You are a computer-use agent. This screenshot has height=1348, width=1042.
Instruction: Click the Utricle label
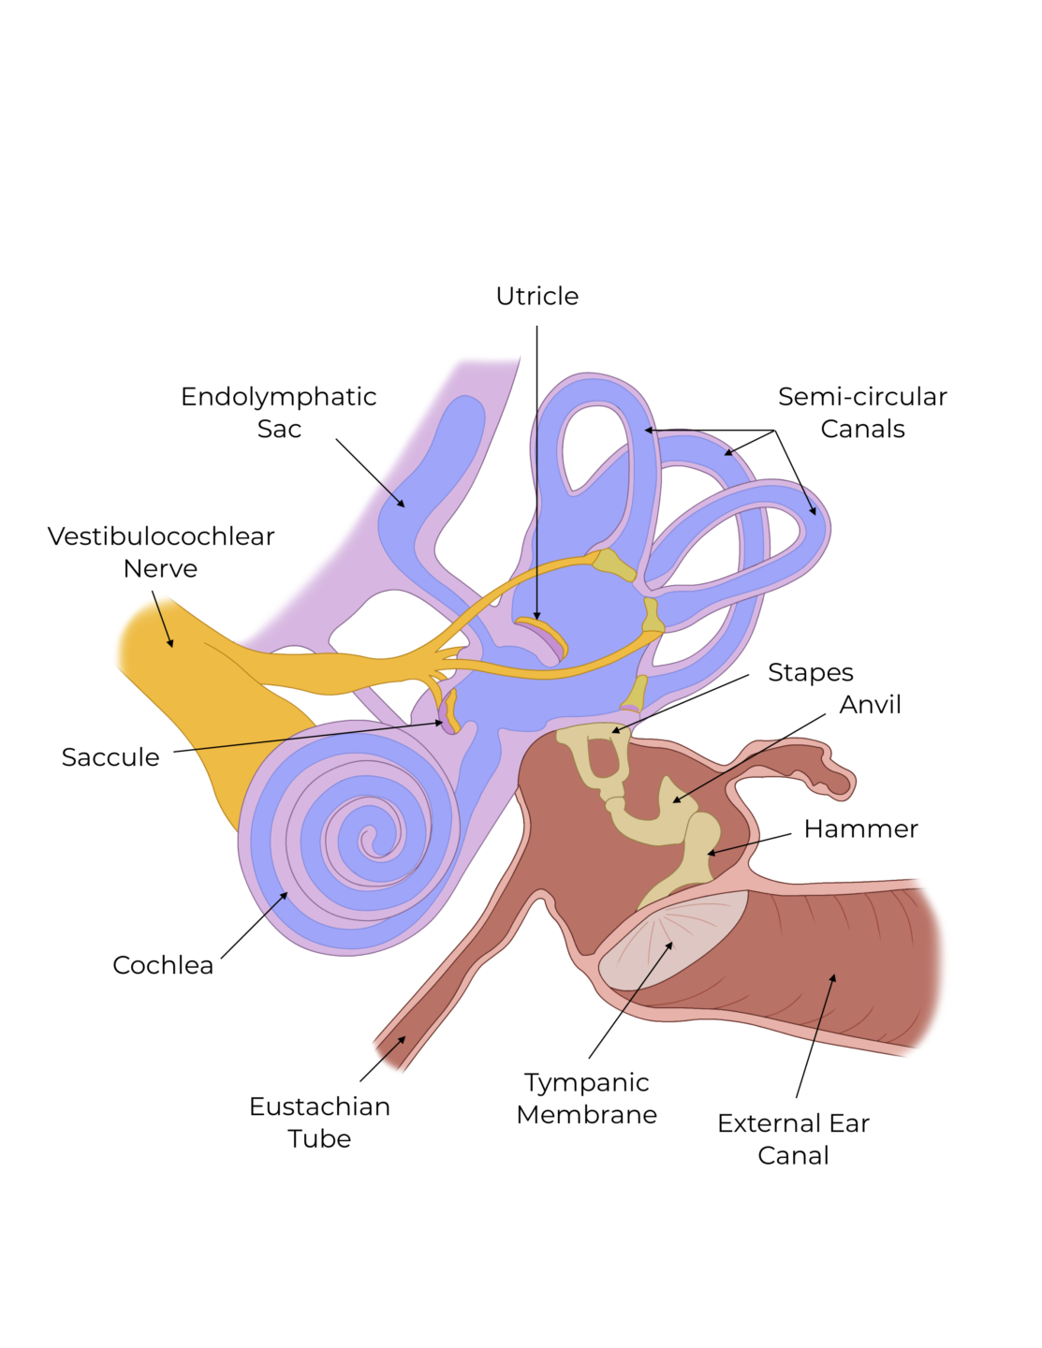click(x=536, y=297)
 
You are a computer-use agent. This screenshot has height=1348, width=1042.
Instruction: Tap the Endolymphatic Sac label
click(x=279, y=412)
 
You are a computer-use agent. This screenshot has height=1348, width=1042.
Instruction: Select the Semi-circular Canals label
click(x=862, y=412)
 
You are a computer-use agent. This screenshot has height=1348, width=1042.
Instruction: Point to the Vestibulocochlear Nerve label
click(x=161, y=552)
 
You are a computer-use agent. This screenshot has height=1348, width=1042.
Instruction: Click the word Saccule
click(x=110, y=757)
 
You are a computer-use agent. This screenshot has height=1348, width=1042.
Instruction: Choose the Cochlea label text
click(x=163, y=965)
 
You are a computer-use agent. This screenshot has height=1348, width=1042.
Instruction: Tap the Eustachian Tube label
click(x=319, y=1122)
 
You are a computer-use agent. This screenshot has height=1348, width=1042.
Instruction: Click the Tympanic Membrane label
click(x=587, y=1098)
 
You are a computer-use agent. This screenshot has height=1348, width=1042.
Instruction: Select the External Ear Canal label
click(x=793, y=1138)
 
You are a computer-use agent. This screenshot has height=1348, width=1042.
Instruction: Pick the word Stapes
click(x=811, y=673)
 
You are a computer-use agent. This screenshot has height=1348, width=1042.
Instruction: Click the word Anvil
click(x=870, y=705)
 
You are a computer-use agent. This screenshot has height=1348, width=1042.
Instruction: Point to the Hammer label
click(x=861, y=829)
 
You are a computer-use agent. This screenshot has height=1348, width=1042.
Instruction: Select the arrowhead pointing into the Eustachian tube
click(x=402, y=1039)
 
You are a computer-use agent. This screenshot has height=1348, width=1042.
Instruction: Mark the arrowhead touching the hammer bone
click(x=711, y=853)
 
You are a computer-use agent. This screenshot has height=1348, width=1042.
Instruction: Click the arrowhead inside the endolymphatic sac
click(x=402, y=504)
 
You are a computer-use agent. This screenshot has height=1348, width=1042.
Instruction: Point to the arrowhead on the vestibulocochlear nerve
click(x=170, y=643)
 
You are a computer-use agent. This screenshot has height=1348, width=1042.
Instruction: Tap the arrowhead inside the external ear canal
click(x=832, y=978)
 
